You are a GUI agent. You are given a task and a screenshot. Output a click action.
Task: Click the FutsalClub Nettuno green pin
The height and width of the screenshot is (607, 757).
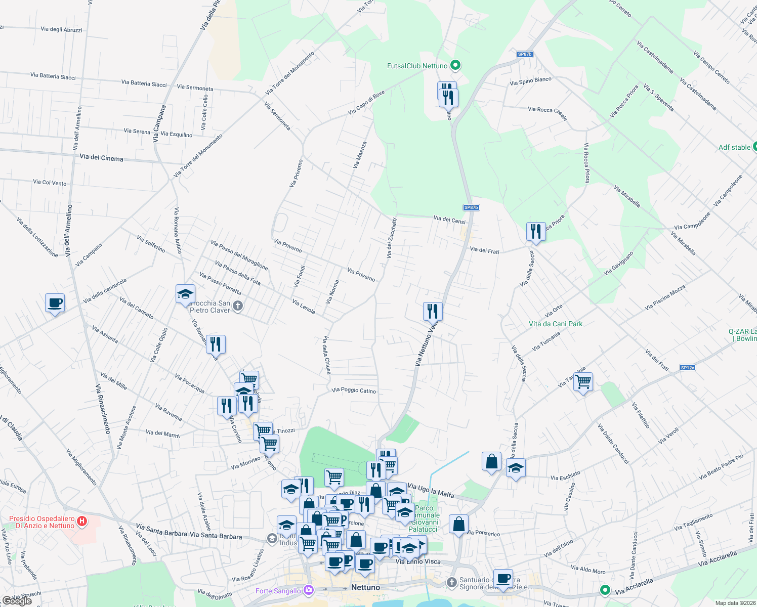tap(455, 65)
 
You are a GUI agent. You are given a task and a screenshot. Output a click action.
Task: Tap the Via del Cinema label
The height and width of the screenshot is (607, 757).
tap(101, 158)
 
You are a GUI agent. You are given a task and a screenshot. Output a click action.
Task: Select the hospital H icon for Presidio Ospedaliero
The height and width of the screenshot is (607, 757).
tap(83, 521)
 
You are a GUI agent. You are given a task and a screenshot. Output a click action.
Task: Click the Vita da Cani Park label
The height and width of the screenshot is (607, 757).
tap(556, 324)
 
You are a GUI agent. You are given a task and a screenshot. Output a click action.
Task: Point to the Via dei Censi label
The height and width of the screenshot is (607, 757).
tap(449, 220)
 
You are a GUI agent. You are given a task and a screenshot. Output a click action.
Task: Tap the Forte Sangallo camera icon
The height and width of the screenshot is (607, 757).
tap(309, 590)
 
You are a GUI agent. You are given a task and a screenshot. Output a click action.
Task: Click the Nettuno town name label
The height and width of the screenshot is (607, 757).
tap(365, 587)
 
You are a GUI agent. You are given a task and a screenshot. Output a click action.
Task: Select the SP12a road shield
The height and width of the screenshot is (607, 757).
tap(687, 368)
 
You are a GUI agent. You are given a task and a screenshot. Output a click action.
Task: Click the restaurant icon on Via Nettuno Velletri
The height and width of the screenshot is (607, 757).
tap(433, 311)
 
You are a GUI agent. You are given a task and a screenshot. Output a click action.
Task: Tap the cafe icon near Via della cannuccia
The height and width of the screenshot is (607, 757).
tap(55, 302)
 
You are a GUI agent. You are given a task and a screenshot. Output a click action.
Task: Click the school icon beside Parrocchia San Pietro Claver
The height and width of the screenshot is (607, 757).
tap(185, 294)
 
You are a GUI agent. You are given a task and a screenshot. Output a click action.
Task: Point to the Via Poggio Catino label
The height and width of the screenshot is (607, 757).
tap(354, 390)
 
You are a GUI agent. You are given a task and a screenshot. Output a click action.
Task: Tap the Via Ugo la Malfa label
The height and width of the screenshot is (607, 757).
tap(431, 490)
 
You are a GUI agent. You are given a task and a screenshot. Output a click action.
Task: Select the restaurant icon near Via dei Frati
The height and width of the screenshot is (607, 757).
tap(535, 231)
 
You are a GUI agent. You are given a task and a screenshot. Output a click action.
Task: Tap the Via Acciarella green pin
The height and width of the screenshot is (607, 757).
tap(605, 590)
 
